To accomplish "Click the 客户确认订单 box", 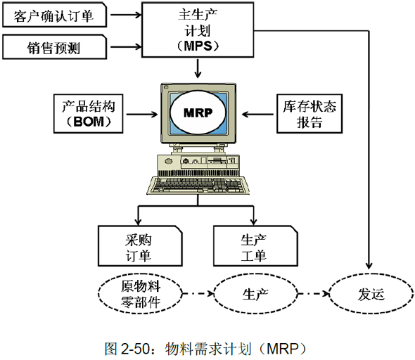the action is click(55, 15).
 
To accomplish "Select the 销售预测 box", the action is click(55, 47).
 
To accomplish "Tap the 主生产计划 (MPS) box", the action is click(198, 30).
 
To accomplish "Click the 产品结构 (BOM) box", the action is click(88, 114).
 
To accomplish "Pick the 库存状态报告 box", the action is click(309, 114).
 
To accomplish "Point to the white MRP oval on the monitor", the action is click(198, 112).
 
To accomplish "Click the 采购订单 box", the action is click(140, 246).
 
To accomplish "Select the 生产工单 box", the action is click(255, 246).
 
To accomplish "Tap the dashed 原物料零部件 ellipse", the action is click(140, 294).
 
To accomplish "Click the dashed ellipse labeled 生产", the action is click(255, 294).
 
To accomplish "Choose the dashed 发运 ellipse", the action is click(371, 294).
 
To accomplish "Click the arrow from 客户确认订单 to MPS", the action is click(126, 15).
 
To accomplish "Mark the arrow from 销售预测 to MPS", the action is click(126, 47).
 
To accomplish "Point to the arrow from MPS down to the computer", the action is click(198, 68).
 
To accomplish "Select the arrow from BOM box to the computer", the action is click(142, 115).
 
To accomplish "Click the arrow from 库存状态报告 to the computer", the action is click(257, 115).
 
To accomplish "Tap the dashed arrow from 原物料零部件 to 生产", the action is click(198, 294).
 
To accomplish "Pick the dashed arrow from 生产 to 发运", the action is click(314, 294).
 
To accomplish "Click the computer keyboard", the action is click(198, 186).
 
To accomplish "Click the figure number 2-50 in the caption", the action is click(136, 349).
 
